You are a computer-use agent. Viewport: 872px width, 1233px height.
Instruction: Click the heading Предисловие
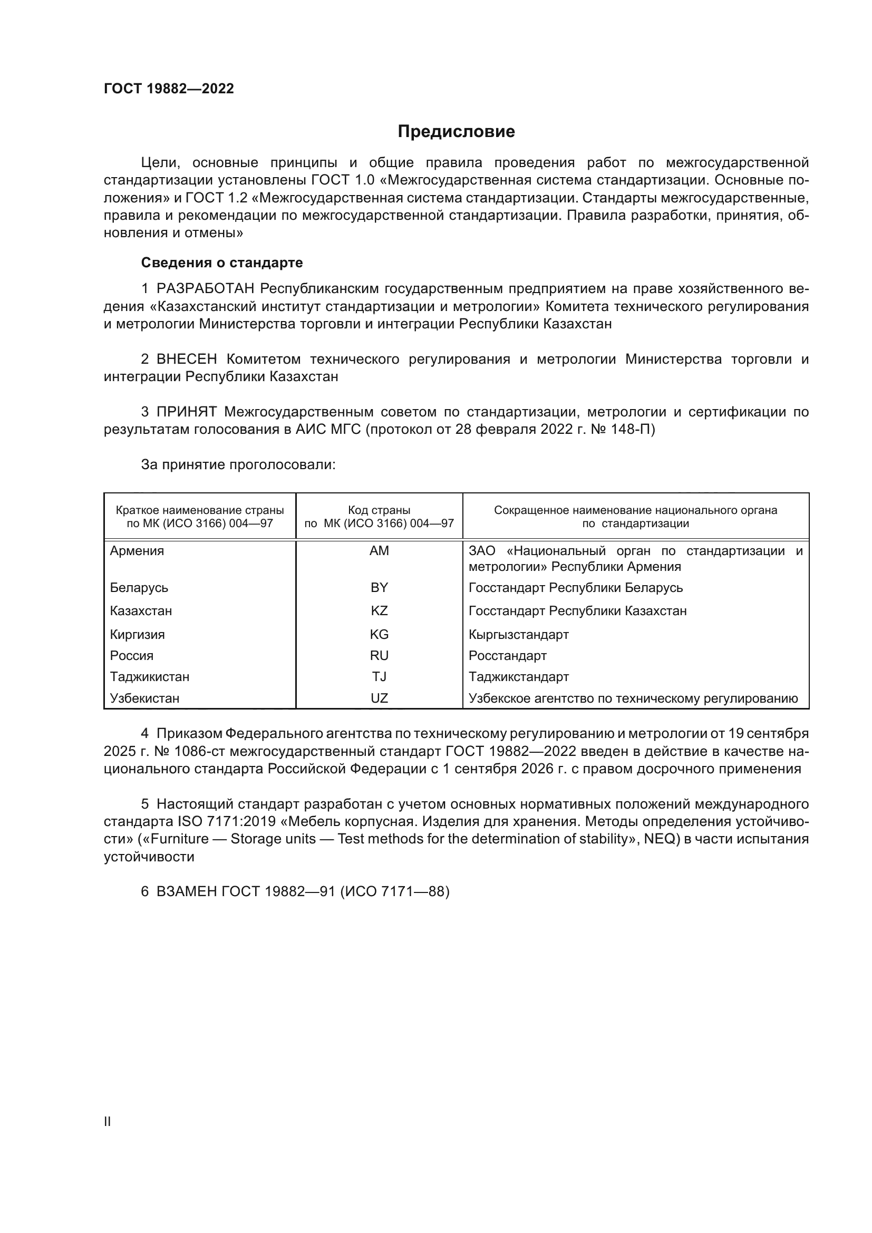click(x=456, y=132)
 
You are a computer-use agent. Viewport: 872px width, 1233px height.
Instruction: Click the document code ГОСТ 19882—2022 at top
click(x=169, y=89)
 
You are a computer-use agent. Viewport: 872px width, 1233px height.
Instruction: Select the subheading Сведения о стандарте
click(x=222, y=263)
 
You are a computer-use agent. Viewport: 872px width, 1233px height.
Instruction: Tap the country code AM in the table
click(x=379, y=551)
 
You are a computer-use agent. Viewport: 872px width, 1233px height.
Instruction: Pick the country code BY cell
click(x=379, y=587)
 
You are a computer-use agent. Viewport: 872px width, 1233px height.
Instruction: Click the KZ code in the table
click(x=379, y=611)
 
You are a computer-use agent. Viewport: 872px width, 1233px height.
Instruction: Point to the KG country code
click(x=379, y=635)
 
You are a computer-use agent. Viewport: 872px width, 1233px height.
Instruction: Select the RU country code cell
click(x=379, y=656)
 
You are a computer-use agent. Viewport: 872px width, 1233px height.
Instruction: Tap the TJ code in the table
click(x=379, y=677)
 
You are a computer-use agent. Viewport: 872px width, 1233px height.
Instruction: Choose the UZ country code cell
click(x=379, y=698)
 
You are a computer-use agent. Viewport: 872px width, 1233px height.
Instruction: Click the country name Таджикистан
click(x=149, y=677)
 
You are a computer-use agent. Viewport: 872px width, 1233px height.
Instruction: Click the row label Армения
click(x=137, y=551)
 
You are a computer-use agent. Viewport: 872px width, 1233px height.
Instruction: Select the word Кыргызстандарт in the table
click(x=518, y=635)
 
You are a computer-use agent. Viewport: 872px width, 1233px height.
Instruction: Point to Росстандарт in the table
click(x=507, y=656)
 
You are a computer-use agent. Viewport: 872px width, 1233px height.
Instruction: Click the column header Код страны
click(x=379, y=510)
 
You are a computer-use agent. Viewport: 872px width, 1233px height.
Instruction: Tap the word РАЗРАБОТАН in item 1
click(x=205, y=289)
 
